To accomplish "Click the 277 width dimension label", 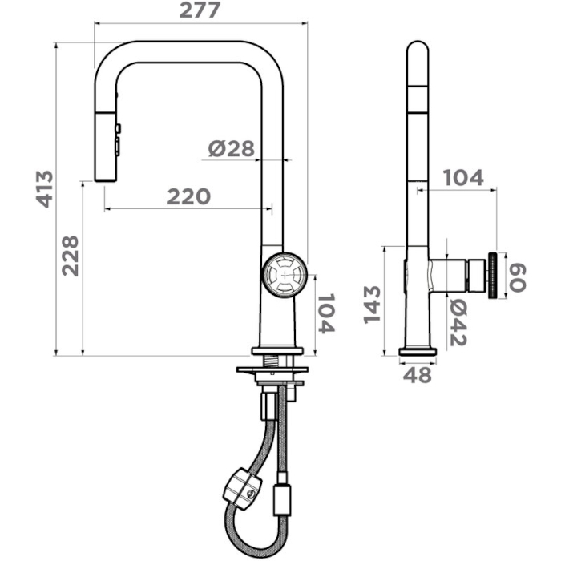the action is (200, 10).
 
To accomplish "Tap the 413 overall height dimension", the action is (45, 189).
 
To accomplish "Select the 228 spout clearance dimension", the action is (71, 256).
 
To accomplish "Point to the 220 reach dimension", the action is (189, 196).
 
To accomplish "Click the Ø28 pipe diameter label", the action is (231, 148).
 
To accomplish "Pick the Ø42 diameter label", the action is (458, 322).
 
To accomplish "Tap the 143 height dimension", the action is (372, 305).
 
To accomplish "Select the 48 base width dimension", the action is (418, 375).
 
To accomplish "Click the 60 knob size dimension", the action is (518, 277).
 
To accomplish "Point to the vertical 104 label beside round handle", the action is (326, 314).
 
